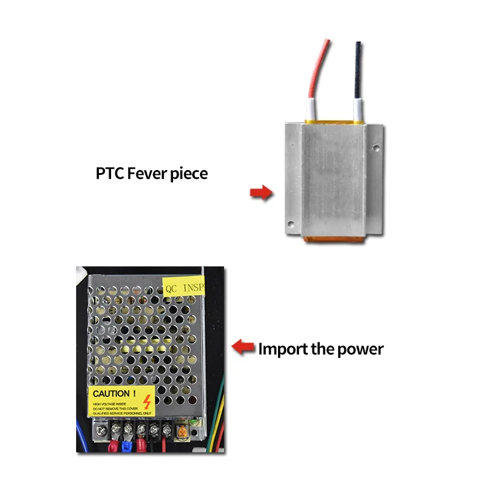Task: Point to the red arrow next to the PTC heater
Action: [x=261, y=193]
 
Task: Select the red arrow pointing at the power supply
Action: [x=244, y=348]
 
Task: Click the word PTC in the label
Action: [x=110, y=174]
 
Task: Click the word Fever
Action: [x=147, y=174]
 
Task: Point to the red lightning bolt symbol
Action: [x=147, y=402]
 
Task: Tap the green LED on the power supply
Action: [x=192, y=423]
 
